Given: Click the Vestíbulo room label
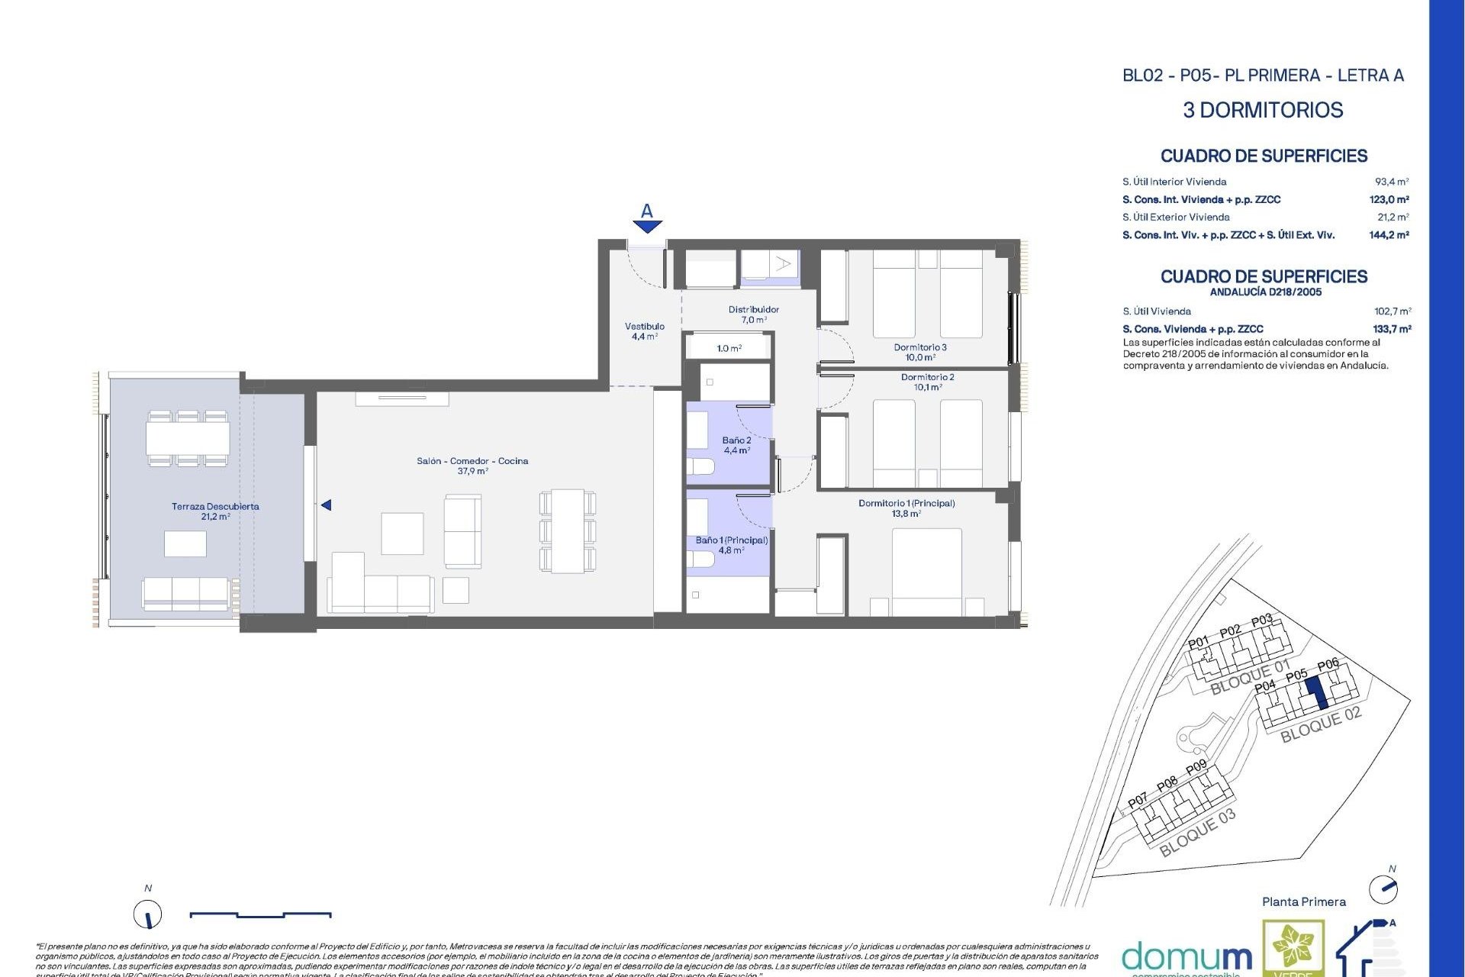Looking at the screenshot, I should coord(644,331).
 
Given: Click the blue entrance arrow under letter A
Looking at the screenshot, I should coord(647,227).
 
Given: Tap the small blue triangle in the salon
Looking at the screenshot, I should coord(326,505).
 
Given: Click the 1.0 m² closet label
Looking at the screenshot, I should coord(729,348).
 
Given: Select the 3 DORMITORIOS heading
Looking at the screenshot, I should coord(1262,110).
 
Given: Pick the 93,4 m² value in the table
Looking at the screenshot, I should coord(1391,182).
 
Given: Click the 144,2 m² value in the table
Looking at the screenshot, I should coord(1388,235).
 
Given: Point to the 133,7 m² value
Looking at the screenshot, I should coord(1391,329).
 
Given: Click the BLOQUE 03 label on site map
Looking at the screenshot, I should coord(1196,833).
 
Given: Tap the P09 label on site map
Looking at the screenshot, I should coord(1196,767).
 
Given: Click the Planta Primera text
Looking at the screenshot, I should coord(1303,901).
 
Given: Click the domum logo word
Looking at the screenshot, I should coord(1186,957).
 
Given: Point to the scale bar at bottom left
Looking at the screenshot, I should coord(260,914).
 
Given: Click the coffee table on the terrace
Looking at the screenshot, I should coord(185,543).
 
